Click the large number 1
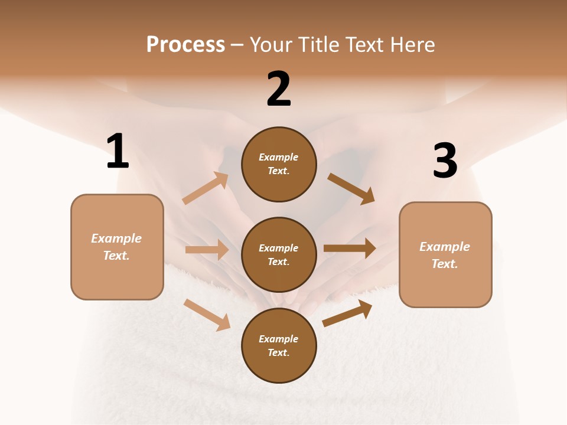coord(118,151)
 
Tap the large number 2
coord(279,89)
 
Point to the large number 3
coord(445,161)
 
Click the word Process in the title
coord(185,44)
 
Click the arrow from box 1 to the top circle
coord(206,188)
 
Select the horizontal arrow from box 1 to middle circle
coord(207,250)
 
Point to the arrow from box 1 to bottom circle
coord(207,315)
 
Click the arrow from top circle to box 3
coord(351,188)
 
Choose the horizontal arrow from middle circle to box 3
coord(350,249)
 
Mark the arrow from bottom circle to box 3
coord(348,313)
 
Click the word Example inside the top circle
coord(279,157)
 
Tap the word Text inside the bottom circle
coord(278,352)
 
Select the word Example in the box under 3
coord(445,247)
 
